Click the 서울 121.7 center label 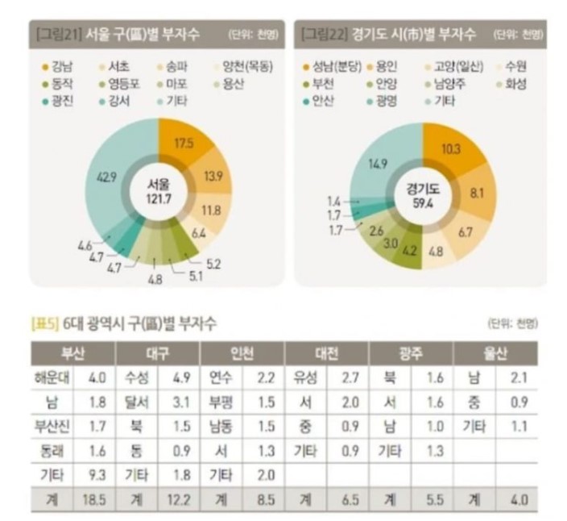pyautogui.click(x=159, y=193)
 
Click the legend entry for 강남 pyautogui.click(x=56, y=66)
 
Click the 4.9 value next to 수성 pyautogui.click(x=180, y=377)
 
